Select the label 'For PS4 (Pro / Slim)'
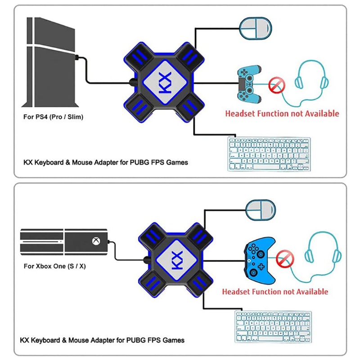coord(53,117)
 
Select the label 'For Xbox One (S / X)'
coord(54,266)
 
